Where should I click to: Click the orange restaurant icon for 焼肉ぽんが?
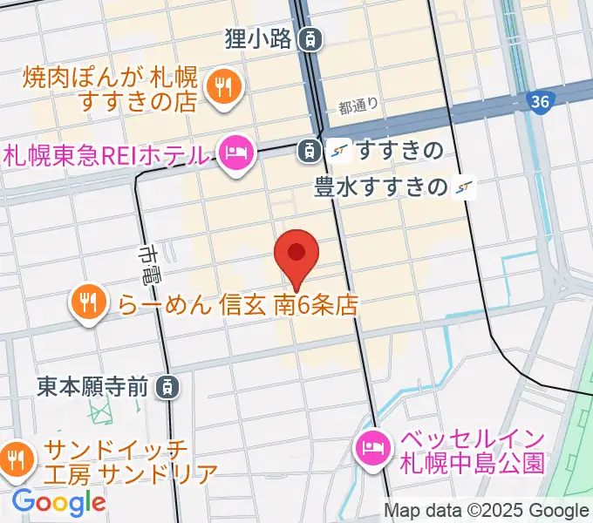(x=223, y=85)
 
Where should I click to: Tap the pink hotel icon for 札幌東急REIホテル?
(x=235, y=154)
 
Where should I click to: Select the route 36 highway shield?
(x=540, y=103)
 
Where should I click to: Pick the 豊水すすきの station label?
(x=381, y=186)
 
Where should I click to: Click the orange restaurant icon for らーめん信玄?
(x=87, y=302)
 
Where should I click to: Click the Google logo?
(x=58, y=501)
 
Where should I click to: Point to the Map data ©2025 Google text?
(x=486, y=511)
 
